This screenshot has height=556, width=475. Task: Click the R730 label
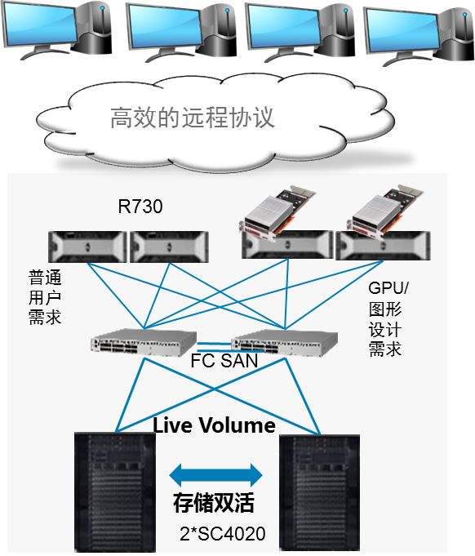click(140, 207)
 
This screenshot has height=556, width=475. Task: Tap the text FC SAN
click(224, 361)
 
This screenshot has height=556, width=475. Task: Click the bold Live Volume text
click(214, 425)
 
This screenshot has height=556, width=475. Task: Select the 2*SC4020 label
click(223, 534)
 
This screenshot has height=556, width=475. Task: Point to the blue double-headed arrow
click(216, 475)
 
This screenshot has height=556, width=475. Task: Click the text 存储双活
click(214, 503)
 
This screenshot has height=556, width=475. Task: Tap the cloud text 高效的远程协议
click(193, 117)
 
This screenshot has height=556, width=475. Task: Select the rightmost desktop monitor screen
click(402, 30)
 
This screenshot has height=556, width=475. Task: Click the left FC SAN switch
click(144, 342)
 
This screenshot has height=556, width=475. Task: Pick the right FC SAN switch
click(284, 343)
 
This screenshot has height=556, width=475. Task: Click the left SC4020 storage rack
click(115, 492)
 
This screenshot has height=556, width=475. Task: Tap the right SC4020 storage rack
click(320, 493)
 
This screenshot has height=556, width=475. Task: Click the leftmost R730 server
click(87, 247)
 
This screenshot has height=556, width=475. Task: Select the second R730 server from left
click(169, 247)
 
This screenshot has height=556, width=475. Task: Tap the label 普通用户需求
click(45, 297)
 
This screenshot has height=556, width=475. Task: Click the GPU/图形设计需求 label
click(388, 318)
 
